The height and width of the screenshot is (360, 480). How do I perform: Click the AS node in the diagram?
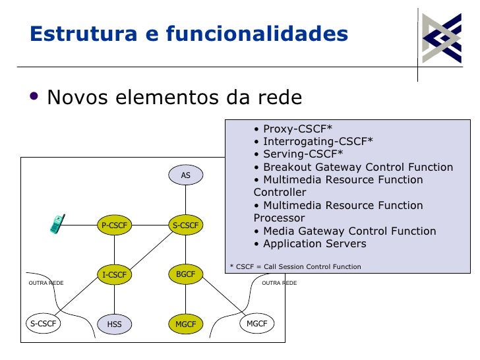pyautogui.click(x=186, y=175)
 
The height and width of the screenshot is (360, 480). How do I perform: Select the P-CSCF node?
pyautogui.click(x=114, y=225)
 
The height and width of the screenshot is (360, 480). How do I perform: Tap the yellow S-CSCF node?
pyautogui.click(x=186, y=225)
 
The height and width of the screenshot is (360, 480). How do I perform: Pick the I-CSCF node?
pyautogui.click(x=114, y=274)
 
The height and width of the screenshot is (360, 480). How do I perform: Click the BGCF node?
pyautogui.click(x=186, y=274)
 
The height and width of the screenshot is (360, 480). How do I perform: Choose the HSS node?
pyautogui.click(x=114, y=324)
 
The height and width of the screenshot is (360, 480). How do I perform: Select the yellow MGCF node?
pyautogui.click(x=186, y=324)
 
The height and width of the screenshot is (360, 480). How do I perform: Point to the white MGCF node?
pyautogui.click(x=256, y=323)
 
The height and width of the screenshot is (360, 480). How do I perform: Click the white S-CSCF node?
pyautogui.click(x=44, y=323)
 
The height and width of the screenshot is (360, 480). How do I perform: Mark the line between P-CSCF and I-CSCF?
pyautogui.click(x=114, y=250)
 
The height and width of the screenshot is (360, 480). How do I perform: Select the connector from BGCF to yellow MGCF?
pyautogui.click(x=186, y=299)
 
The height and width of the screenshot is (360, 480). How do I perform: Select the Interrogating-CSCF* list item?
pyautogui.click(x=313, y=141)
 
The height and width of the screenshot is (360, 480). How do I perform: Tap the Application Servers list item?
pyautogui.click(x=310, y=244)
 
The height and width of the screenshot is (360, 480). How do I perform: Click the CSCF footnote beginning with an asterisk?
pyautogui.click(x=295, y=266)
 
